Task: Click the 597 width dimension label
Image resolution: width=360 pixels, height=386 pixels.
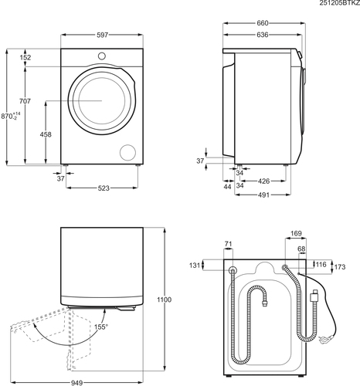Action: [102, 35]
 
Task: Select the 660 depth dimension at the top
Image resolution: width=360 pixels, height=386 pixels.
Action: [263, 23]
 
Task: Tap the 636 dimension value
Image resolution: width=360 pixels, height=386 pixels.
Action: [263, 35]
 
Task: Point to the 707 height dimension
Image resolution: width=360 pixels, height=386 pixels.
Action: [25, 101]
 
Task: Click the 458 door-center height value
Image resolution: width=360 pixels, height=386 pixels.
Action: [46, 134]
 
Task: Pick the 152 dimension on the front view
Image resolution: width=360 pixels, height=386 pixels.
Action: [25, 57]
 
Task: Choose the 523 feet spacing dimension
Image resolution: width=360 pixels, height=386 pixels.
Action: [104, 188]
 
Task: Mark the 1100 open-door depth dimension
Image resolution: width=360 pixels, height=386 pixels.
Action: [165, 300]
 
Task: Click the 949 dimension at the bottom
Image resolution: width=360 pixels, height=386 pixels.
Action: [76, 383]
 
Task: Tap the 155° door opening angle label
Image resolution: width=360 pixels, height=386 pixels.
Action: [101, 327]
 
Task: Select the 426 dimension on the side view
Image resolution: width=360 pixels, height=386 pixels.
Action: [264, 181]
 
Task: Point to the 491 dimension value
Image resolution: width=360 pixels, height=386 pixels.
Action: [263, 195]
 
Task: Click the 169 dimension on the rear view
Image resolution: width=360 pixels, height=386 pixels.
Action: [296, 233]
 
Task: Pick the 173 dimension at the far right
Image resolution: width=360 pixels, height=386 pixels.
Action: [340, 267]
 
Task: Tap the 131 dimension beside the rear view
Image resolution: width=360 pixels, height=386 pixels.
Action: [195, 265]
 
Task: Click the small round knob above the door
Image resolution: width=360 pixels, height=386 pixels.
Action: [102, 56]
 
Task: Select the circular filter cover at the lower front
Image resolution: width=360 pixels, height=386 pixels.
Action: [127, 153]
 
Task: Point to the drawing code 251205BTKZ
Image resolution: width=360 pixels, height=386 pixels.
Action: [340, 3]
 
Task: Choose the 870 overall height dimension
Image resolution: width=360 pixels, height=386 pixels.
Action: [11, 116]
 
